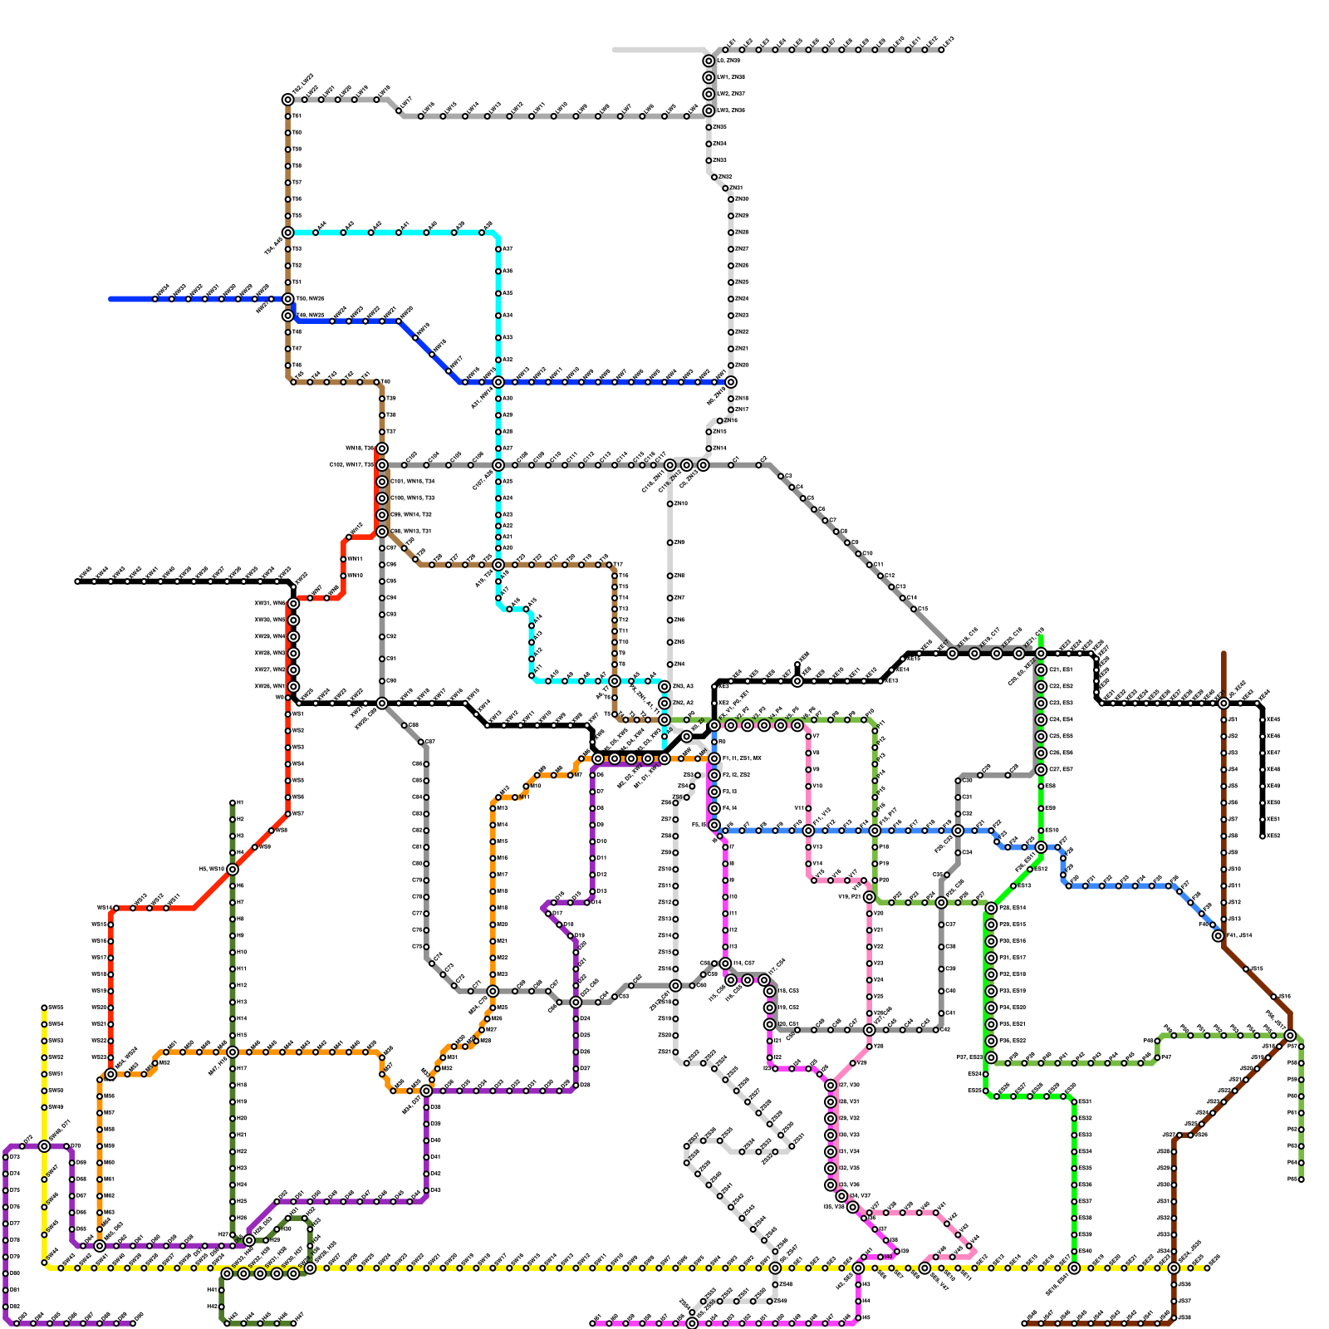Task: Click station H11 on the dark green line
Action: [x=233, y=969]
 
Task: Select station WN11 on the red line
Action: [x=343, y=559]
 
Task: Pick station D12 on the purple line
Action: [x=592, y=875]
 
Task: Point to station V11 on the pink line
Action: [x=808, y=808]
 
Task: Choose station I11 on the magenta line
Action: [x=725, y=914]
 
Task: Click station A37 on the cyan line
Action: [x=498, y=249]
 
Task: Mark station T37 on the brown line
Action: [x=382, y=432]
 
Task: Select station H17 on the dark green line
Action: [x=233, y=1068]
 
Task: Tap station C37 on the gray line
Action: [x=941, y=924]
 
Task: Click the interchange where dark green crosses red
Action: [x=233, y=869]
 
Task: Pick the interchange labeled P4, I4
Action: [x=714, y=808]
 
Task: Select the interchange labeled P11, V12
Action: [x=808, y=831]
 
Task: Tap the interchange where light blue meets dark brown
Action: [x=1218, y=936]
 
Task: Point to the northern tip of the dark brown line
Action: [x=1224, y=654]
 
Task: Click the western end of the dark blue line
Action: [x=111, y=299]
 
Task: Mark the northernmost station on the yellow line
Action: [x=44, y=1008]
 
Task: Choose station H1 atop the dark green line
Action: [x=233, y=803]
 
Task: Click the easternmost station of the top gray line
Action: [x=942, y=50]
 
